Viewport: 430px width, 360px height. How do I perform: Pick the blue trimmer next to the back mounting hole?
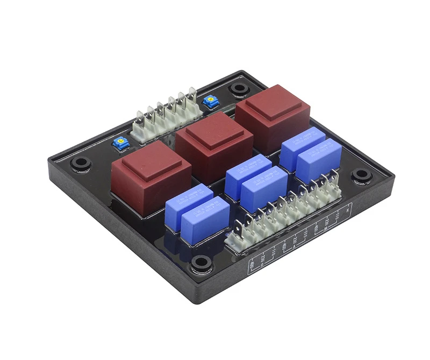point(208,101)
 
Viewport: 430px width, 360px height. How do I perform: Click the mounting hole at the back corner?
point(236,89)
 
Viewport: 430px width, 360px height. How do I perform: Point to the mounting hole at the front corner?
point(201,263)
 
